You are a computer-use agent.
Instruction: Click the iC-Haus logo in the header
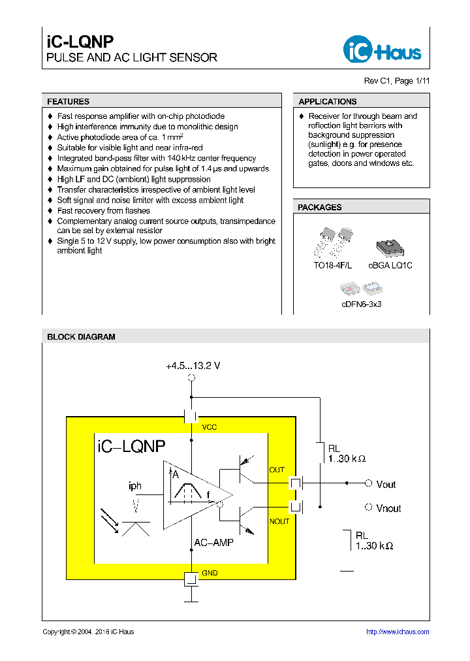382,49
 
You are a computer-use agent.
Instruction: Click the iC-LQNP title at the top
80,41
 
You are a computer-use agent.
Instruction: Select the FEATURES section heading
69,102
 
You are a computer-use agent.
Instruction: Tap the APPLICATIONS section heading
328,102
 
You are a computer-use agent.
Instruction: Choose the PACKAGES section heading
320,207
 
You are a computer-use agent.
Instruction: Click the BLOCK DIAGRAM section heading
81,337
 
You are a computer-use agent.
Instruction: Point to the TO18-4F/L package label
332,265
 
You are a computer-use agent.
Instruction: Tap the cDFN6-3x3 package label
361,304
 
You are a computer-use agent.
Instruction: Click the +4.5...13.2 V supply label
193,366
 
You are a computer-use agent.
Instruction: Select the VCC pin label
209,427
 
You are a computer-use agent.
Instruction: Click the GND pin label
210,573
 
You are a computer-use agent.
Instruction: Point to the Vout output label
386,485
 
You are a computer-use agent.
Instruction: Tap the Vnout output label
388,508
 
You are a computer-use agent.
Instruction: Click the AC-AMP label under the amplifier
213,543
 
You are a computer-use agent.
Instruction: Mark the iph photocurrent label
135,486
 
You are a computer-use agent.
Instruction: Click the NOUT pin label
279,521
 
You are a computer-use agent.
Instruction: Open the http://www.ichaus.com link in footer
398,632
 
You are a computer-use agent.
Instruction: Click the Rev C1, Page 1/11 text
396,81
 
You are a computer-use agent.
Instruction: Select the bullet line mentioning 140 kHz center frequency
156,158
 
